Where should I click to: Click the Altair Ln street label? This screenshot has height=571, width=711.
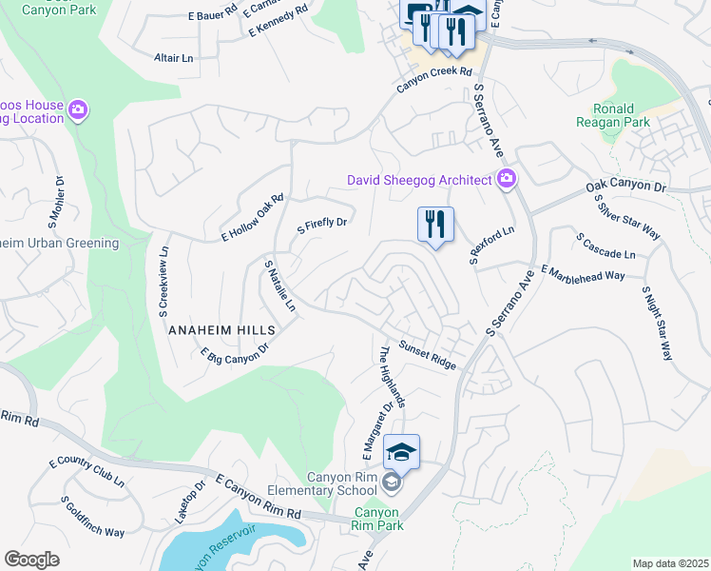pyautogui.click(x=173, y=58)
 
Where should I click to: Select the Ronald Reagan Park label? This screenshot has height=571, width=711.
pyautogui.click(x=613, y=115)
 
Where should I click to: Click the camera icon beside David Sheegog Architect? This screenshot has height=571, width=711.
pyautogui.click(x=507, y=178)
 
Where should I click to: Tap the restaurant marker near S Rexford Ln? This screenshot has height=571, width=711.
pyautogui.click(x=435, y=226)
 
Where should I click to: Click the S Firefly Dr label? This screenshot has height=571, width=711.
pyautogui.click(x=323, y=226)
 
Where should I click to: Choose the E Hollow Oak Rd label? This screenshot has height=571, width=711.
pyautogui.click(x=253, y=218)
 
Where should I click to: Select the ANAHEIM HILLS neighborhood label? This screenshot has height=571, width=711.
pyautogui.click(x=221, y=329)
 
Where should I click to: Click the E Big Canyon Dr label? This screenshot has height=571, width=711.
pyautogui.click(x=235, y=353)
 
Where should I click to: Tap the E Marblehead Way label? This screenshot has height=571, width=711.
pyautogui.click(x=583, y=273)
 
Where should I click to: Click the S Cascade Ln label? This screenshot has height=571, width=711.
pyautogui.click(x=605, y=245)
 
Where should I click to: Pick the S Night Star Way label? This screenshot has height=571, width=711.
pyautogui.click(x=657, y=322)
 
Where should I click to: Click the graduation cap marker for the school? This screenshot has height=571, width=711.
pyautogui.click(x=401, y=451)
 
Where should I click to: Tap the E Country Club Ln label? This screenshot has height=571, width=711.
pyautogui.click(x=86, y=472)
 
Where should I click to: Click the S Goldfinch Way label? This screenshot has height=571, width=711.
pyautogui.click(x=92, y=517)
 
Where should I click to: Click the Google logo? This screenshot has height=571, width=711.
pyautogui.click(x=31, y=560)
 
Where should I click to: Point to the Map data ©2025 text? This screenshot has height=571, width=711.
pyautogui.click(x=669, y=563)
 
